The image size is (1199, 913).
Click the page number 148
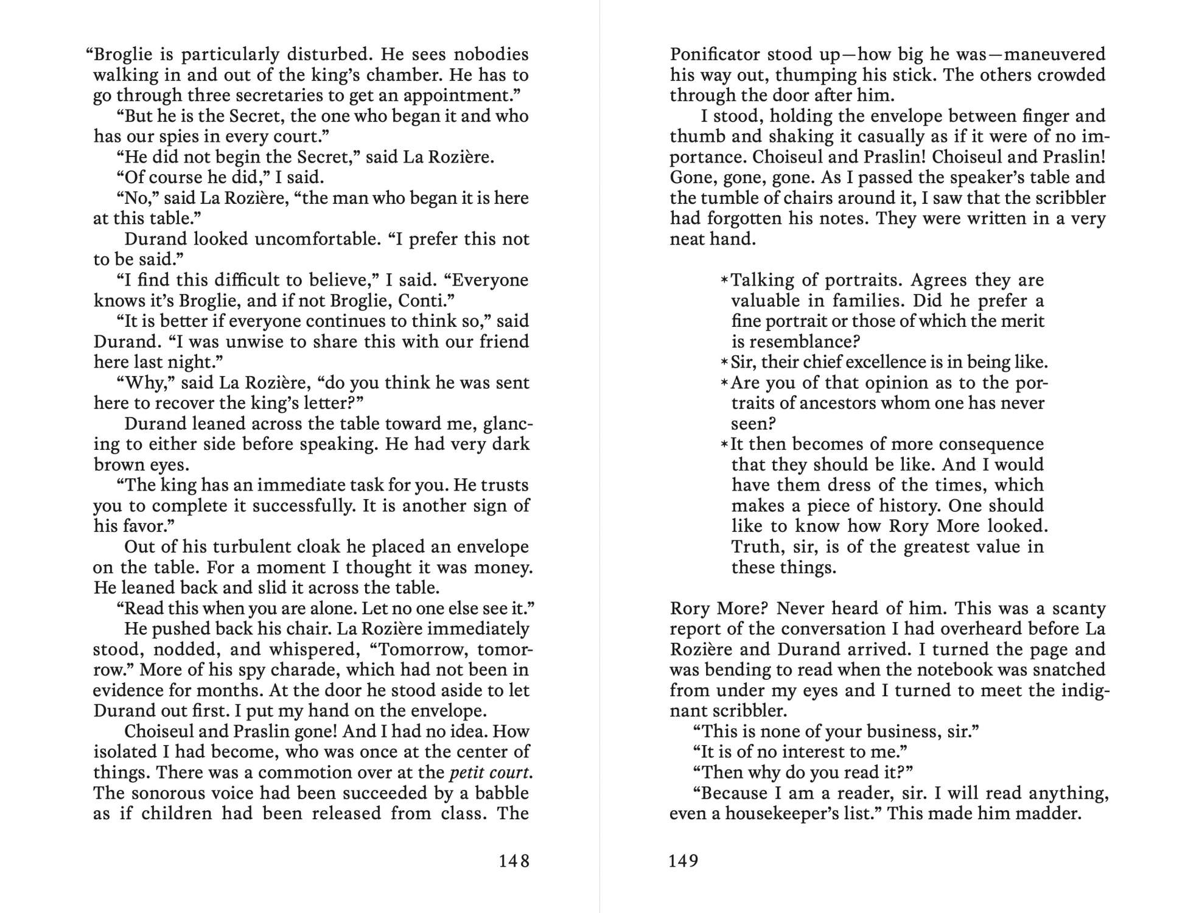pos(514,861)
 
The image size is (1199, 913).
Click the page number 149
pos(683,861)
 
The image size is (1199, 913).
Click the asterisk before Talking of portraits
pos(724,281)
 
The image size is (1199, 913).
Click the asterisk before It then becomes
pos(724,444)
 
